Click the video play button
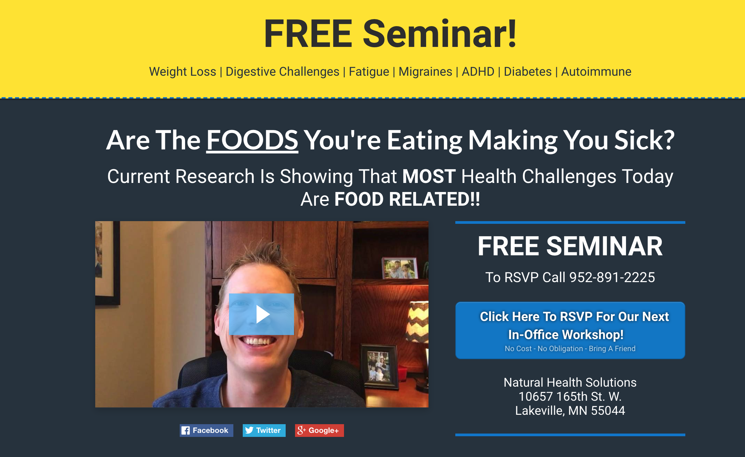tap(262, 314)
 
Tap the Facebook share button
tap(206, 430)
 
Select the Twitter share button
tap(264, 430)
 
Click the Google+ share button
tap(319, 430)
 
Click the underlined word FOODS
tap(252, 140)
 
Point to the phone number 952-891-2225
tap(612, 277)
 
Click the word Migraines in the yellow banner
tap(425, 72)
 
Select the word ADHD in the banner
tap(478, 72)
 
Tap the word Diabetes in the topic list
tap(528, 72)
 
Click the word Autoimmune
tap(596, 72)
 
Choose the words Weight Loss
tap(183, 72)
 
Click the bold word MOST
tap(429, 176)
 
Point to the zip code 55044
tap(608, 410)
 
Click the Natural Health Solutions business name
tap(570, 382)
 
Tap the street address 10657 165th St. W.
tap(570, 396)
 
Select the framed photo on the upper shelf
tap(400, 268)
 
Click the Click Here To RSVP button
tap(570, 330)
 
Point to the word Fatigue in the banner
tap(369, 72)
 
